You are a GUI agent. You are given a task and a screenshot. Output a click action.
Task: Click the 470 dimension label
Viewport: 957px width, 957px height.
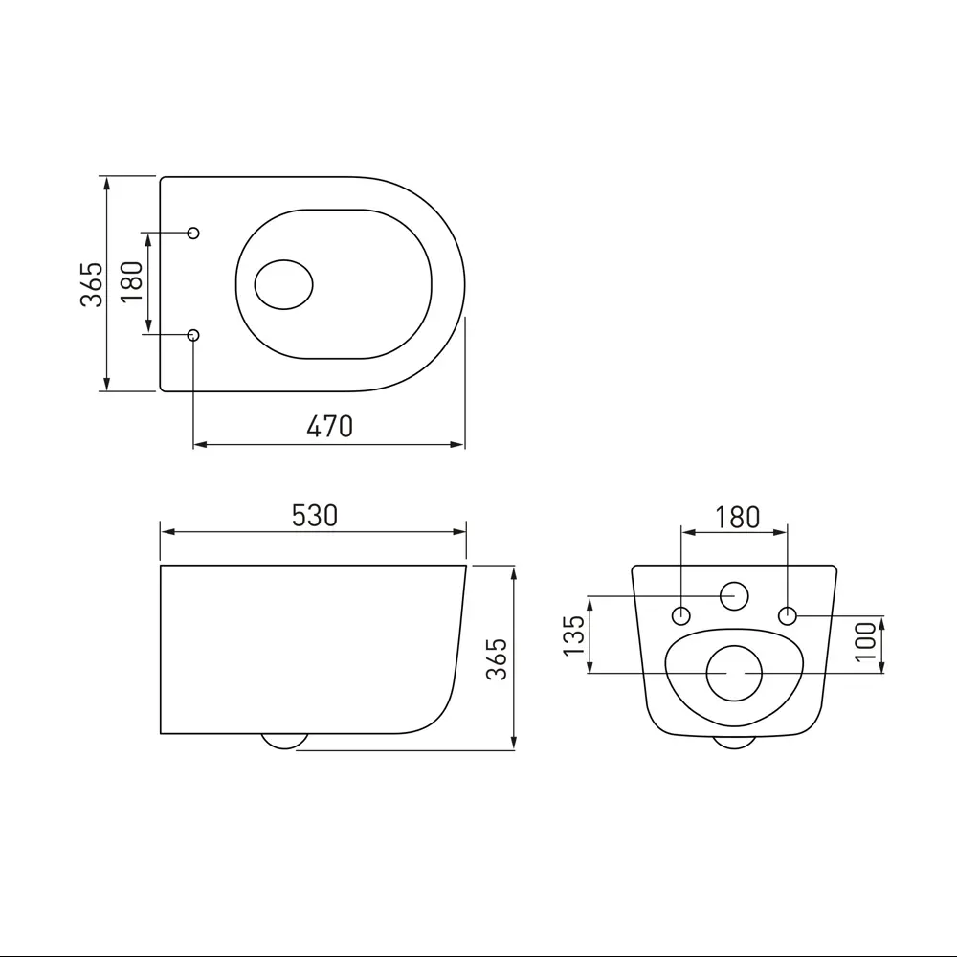(329, 426)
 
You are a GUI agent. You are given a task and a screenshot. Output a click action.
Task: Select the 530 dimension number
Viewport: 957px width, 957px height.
(314, 516)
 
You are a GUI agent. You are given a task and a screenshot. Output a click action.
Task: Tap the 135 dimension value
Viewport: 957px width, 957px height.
(573, 635)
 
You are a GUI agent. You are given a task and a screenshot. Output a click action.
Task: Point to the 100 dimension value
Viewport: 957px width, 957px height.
(865, 641)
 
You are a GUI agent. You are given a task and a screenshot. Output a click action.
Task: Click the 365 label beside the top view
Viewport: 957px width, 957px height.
(92, 284)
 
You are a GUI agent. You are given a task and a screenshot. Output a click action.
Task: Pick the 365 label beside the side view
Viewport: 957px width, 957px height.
(496, 659)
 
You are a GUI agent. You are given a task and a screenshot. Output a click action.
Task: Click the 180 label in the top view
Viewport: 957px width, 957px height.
(132, 282)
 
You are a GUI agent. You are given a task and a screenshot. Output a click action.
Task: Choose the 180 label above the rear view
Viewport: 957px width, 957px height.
(737, 518)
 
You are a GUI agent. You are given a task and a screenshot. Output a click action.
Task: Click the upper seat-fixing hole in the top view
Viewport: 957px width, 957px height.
(193, 233)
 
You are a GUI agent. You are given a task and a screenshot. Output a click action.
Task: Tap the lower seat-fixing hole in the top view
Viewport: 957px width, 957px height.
(193, 334)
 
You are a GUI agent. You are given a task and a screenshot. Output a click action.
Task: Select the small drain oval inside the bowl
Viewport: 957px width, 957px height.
(284, 284)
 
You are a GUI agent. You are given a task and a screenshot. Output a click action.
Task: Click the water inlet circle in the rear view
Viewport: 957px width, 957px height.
(734, 595)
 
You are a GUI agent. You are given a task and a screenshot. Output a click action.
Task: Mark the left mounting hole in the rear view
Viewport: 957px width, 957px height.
(681, 615)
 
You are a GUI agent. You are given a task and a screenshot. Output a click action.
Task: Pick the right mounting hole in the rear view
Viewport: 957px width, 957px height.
(788, 615)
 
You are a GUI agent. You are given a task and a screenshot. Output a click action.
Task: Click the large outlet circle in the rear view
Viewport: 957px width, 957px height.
(735, 673)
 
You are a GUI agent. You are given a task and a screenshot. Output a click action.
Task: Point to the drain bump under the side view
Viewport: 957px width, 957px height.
(284, 742)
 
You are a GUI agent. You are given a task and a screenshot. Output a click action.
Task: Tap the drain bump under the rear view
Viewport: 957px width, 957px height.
(734, 743)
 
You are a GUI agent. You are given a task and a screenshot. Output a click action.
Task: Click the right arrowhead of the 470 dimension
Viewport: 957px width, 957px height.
(457, 444)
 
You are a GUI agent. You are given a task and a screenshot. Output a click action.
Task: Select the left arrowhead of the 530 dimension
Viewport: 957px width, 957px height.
(168, 532)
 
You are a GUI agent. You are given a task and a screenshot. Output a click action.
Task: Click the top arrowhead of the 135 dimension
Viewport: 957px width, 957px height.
(590, 606)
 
